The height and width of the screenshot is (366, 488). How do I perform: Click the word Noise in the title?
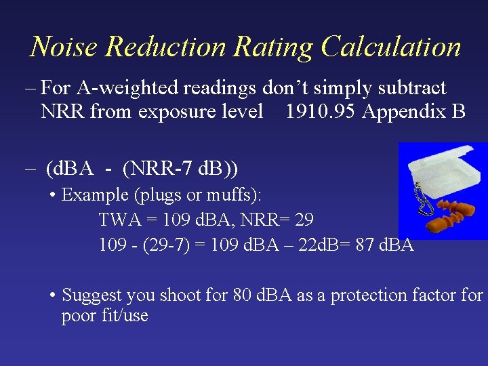tap(64, 47)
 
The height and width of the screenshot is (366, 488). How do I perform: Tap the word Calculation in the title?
tap(391, 47)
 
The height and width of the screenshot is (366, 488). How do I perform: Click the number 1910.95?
tap(321, 111)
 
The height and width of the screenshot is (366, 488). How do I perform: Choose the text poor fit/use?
tap(104, 316)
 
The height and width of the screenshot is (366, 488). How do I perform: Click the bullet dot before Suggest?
tap(52, 296)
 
